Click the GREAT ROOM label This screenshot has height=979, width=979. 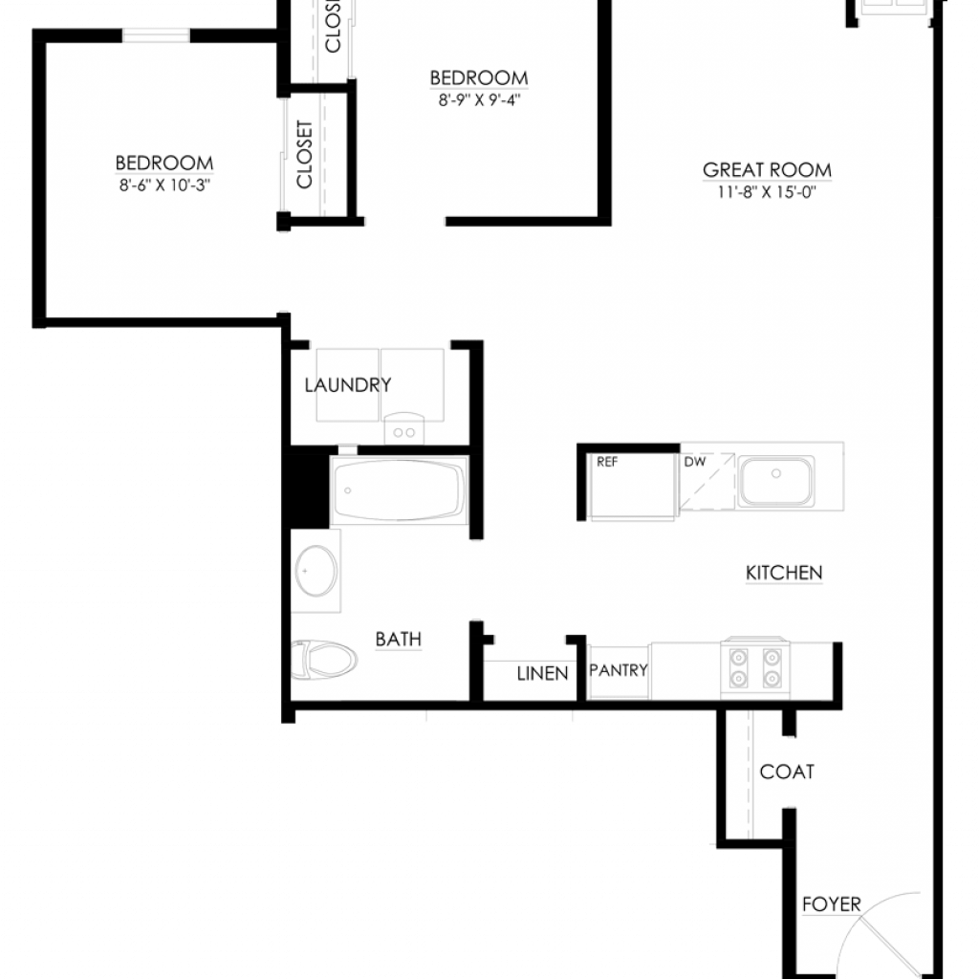(767, 170)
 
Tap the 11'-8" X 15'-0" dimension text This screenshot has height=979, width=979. (767, 192)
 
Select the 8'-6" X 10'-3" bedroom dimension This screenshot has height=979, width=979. (164, 185)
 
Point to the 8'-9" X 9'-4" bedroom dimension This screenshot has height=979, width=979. (479, 100)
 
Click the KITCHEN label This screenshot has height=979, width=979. (784, 573)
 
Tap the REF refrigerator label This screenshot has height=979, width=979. (607, 462)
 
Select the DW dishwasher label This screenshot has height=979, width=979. (695, 462)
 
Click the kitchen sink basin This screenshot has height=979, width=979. (776, 481)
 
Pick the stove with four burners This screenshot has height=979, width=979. (755, 668)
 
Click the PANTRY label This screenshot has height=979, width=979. (619, 670)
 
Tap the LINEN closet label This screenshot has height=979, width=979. (543, 674)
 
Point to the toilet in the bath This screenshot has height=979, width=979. (324, 660)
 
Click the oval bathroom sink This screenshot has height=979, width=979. (316, 571)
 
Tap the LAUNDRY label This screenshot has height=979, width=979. (348, 385)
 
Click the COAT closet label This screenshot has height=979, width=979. (787, 772)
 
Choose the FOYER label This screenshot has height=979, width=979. (832, 904)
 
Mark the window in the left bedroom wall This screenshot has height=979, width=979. (156, 35)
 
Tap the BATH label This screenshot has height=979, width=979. (399, 640)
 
